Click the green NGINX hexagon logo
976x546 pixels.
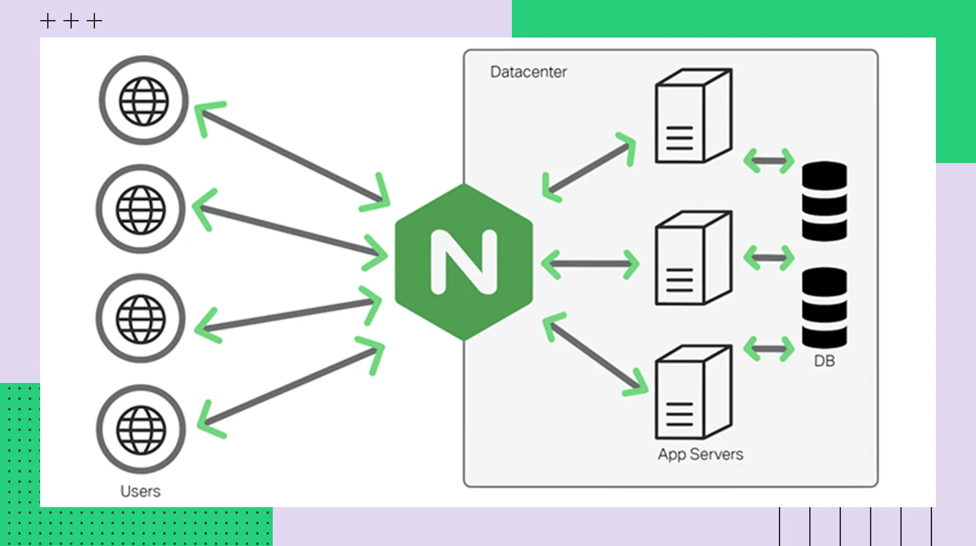pyautogui.click(x=464, y=262)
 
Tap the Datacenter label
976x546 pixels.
pyautogui.click(x=528, y=72)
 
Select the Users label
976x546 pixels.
pyautogui.click(x=140, y=491)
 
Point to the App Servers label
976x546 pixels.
pyautogui.click(x=700, y=454)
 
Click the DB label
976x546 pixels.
pyautogui.click(x=824, y=361)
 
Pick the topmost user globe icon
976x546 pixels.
pyautogui.click(x=143, y=100)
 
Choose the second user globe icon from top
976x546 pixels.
pyautogui.click(x=141, y=209)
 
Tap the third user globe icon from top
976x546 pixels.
pyautogui.click(x=141, y=318)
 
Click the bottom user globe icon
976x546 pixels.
pyautogui.click(x=141, y=430)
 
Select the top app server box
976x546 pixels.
pyautogui.click(x=693, y=116)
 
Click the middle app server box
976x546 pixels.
pyautogui.click(x=693, y=257)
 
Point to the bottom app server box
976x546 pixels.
pyautogui.click(x=693, y=392)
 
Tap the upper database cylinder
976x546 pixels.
pyautogui.click(x=824, y=201)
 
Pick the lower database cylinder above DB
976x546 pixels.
pyautogui.click(x=824, y=308)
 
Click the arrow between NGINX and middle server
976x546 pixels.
pyautogui.click(x=590, y=264)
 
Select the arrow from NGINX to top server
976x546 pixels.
pyautogui.click(x=589, y=168)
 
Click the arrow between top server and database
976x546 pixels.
pyautogui.click(x=769, y=160)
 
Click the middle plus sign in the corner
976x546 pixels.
pyautogui.click(x=71, y=21)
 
